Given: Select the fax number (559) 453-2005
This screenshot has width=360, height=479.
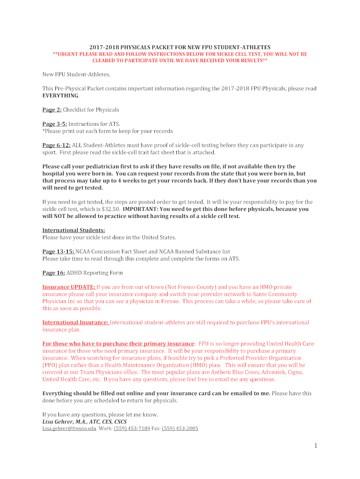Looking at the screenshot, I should (x=180, y=428).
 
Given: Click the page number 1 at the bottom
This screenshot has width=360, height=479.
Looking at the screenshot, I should (x=316, y=446).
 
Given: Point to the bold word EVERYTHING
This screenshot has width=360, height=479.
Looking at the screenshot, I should (x=60, y=95).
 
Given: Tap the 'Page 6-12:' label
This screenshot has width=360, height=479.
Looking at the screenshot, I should (x=57, y=145).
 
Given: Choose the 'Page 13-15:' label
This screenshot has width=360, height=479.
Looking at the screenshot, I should (x=58, y=252).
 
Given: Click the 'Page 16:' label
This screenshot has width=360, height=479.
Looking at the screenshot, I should (x=54, y=273).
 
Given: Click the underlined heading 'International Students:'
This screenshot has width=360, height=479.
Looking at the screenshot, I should (x=74, y=230).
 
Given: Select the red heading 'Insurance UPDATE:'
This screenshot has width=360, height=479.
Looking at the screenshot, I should (x=69, y=287).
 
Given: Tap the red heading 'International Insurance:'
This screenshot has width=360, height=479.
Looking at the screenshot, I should (x=76, y=322).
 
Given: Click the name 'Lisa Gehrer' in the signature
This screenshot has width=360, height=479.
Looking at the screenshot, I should (x=59, y=421).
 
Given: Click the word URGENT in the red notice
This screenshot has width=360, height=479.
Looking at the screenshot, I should (x=67, y=54).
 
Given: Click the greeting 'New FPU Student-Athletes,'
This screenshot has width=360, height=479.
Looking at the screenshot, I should (x=76, y=74).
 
